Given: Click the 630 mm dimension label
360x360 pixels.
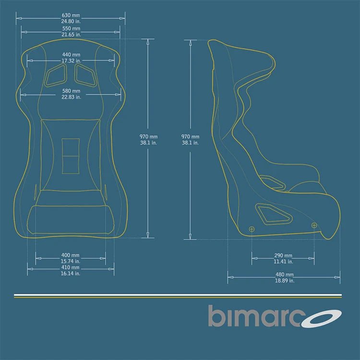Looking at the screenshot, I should tap(71, 15).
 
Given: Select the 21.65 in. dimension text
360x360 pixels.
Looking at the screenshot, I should tap(71, 35).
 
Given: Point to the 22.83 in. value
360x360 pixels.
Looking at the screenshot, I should tap(71, 96).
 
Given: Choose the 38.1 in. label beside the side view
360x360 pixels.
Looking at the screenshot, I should tap(191, 143).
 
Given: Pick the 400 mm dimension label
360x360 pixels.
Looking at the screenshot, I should tap(71, 254).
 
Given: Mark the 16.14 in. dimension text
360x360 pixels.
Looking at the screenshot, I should tap(71, 274).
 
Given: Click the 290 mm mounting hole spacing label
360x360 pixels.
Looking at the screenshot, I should tap(283, 255).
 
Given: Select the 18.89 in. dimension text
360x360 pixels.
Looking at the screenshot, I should tap(284, 281).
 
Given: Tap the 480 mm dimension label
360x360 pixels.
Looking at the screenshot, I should tap(284, 275).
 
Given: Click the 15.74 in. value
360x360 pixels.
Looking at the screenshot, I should tap(71, 261).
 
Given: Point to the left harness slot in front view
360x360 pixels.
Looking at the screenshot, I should tap(55, 75).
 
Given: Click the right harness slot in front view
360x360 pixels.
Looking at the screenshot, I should tap(86, 75).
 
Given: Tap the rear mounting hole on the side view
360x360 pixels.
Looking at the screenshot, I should tap(252, 229).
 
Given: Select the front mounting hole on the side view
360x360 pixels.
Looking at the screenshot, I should tap(314, 225).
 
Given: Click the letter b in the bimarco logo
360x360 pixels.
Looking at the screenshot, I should tap(216, 316).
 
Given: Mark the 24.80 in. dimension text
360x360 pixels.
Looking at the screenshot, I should tap(71, 21).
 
